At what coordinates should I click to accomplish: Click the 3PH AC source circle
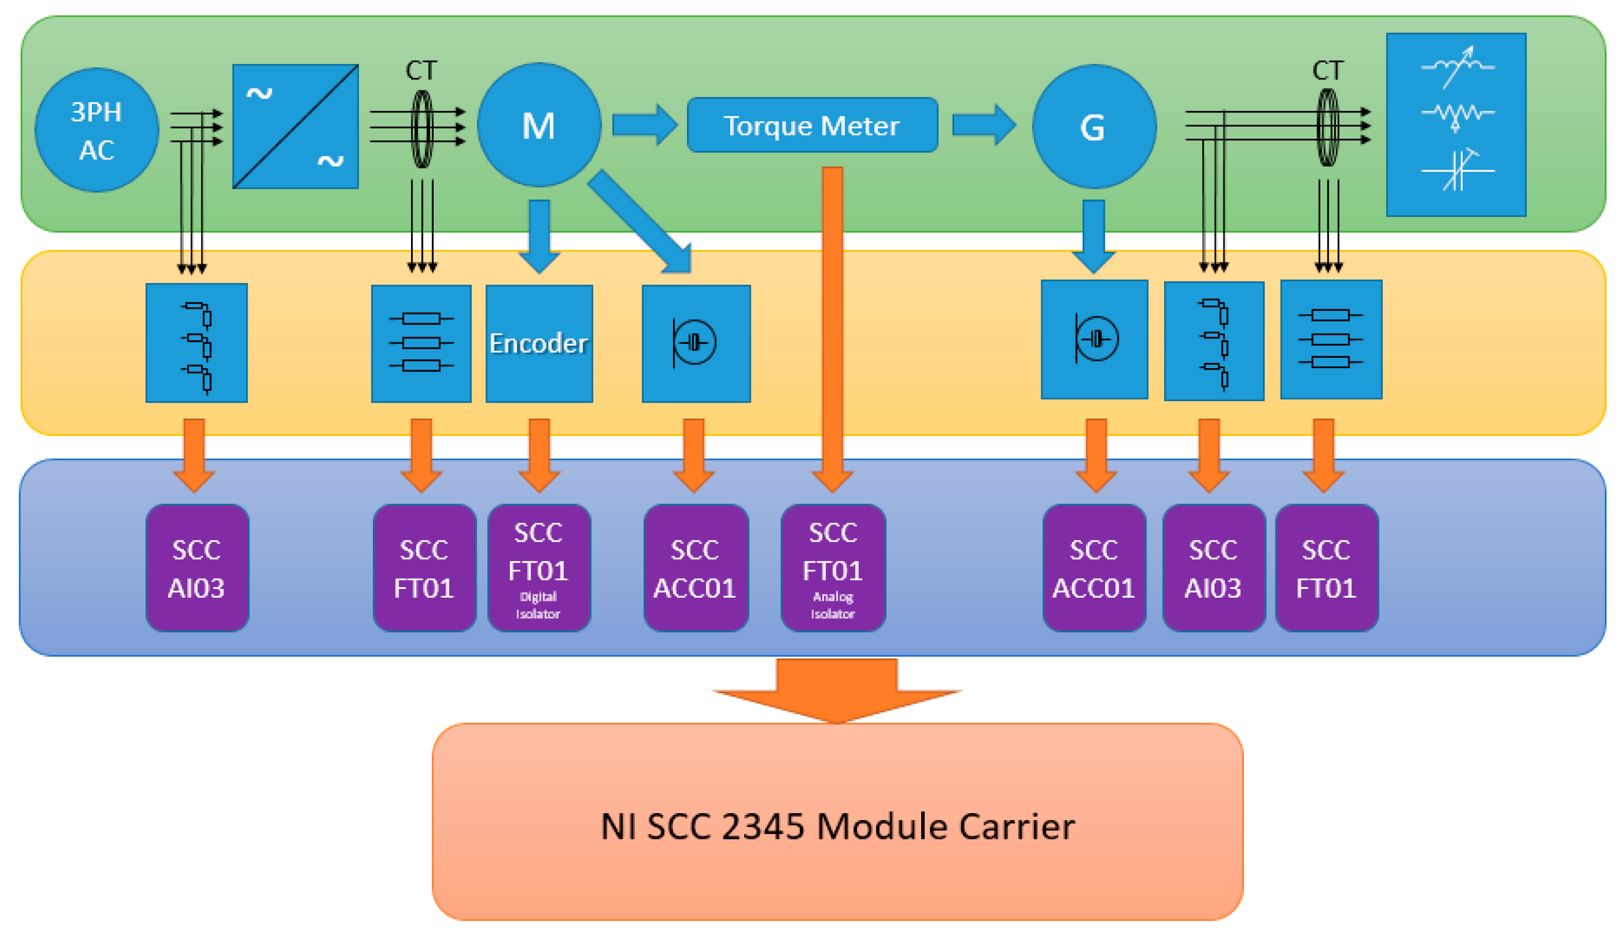[x=96, y=130]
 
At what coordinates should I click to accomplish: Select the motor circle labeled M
[x=539, y=125]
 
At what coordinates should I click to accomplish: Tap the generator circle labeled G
[x=1094, y=126]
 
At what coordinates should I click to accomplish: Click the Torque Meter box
[x=812, y=125]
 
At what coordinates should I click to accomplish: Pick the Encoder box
[x=539, y=343]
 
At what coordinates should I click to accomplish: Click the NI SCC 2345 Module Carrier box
[x=837, y=822]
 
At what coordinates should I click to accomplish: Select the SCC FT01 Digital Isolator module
[x=539, y=568]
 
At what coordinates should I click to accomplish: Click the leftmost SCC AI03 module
[x=197, y=568]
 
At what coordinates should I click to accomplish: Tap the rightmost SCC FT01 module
[x=1326, y=568]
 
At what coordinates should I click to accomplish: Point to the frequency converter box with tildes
[x=296, y=126]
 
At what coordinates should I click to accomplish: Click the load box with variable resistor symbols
[x=1456, y=125]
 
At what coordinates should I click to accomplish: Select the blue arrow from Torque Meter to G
[x=984, y=125]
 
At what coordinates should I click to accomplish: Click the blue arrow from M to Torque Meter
[x=645, y=125]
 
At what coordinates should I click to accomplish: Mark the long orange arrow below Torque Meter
[x=832, y=330]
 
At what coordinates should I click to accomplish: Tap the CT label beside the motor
[x=421, y=70]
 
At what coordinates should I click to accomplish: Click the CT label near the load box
[x=1328, y=70]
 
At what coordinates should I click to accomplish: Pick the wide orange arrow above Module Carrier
[x=837, y=690]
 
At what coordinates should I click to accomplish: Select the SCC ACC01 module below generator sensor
[x=1094, y=568]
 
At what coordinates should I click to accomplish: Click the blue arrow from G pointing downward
[x=1094, y=236]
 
